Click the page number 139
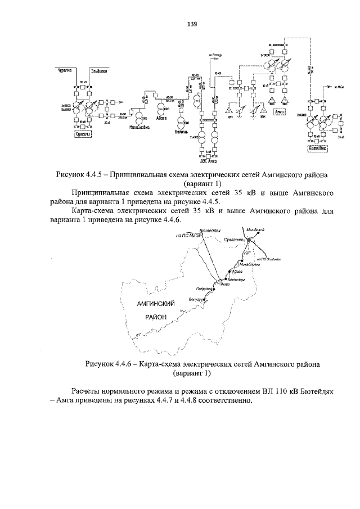click(x=191, y=24)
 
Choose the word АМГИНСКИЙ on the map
click(x=156, y=304)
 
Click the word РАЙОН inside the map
click(x=156, y=317)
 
